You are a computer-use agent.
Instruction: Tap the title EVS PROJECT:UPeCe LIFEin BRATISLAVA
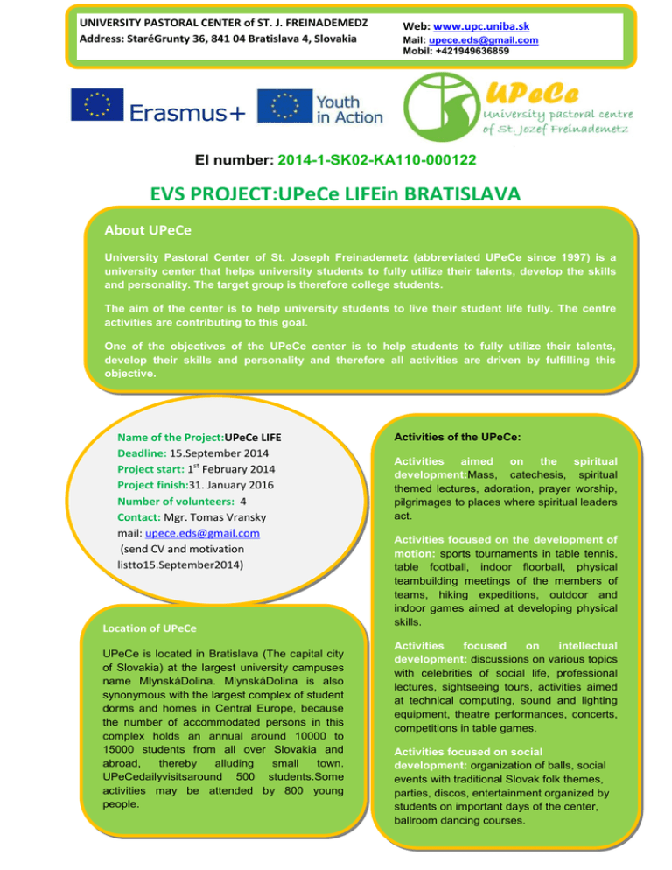(x=336, y=193)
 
